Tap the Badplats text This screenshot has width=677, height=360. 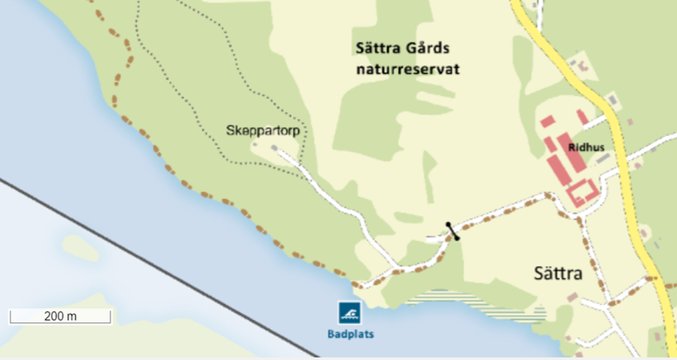[350, 334]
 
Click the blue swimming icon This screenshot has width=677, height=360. [349, 312]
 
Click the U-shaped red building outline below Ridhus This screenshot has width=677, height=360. [581, 194]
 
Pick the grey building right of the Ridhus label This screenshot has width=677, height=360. [600, 157]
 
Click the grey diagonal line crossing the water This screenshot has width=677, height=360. [151, 264]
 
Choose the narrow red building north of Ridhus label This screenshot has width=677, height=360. [582, 117]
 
